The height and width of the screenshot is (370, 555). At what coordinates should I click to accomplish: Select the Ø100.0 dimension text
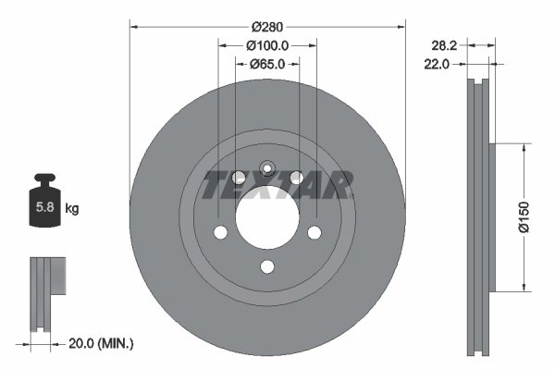coord(268,44)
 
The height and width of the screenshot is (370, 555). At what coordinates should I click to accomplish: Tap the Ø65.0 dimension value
coord(267,64)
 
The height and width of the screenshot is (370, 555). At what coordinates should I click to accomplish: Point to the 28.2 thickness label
coord(446,44)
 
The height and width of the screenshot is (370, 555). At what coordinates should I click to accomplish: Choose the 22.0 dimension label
coord(437,64)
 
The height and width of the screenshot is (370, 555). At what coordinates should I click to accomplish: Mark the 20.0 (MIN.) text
coord(103,343)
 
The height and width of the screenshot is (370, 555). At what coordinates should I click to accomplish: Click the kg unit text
coord(72,209)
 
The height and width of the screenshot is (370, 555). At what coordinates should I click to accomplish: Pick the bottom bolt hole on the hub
coord(267,266)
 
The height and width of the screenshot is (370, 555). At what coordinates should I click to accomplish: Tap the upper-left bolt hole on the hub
coord(239,178)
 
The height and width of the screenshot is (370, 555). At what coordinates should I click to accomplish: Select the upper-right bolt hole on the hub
coord(296,178)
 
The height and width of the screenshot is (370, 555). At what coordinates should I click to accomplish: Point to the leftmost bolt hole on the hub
coord(221,232)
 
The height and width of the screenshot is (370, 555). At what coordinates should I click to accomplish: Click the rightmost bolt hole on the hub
coord(314,232)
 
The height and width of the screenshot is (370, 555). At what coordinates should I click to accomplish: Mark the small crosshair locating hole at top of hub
coord(267,167)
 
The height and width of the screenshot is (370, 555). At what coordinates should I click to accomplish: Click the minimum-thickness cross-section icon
coord(47,291)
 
